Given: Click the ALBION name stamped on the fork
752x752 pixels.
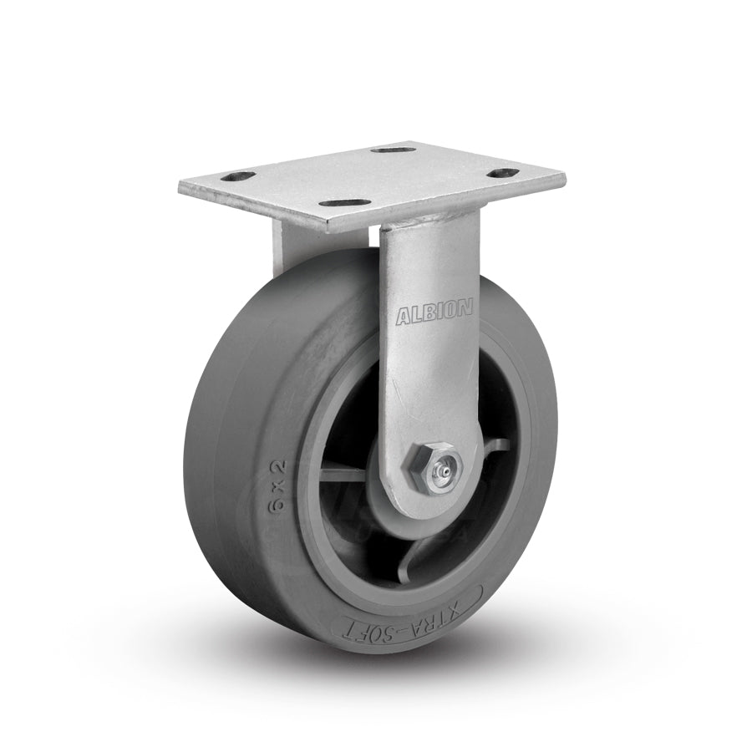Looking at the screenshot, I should (434, 313).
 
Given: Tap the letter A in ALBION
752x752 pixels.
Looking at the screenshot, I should (403, 316).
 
